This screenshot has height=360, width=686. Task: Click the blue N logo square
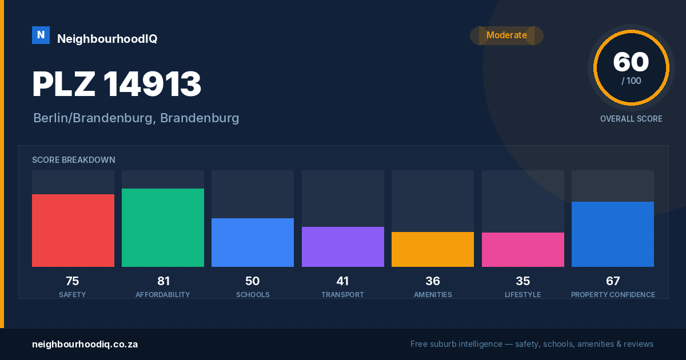(41, 35)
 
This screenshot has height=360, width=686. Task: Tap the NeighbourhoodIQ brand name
(107, 39)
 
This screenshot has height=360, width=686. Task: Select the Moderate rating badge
(506, 35)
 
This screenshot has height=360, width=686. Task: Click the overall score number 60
(631, 62)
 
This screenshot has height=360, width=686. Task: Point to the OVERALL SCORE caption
(631, 119)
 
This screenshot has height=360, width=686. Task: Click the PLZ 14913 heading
(117, 84)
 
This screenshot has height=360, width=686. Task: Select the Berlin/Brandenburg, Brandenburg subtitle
(136, 118)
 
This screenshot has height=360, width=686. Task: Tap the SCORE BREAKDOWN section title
(74, 160)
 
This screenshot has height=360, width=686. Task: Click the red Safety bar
(73, 230)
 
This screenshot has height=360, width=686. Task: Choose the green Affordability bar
(163, 228)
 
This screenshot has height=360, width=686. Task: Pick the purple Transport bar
(342, 247)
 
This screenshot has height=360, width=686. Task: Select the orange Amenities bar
(433, 250)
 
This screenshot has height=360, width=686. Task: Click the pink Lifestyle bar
(523, 250)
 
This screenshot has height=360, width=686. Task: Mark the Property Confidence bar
(613, 234)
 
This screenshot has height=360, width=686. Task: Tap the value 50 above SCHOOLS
(252, 281)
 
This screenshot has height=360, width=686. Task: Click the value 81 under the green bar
(163, 281)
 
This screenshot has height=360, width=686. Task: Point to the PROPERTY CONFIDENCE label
(613, 295)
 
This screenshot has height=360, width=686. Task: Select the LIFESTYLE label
(523, 295)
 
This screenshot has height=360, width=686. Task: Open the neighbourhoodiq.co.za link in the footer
(85, 345)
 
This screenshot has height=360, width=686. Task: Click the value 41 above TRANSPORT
(342, 281)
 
